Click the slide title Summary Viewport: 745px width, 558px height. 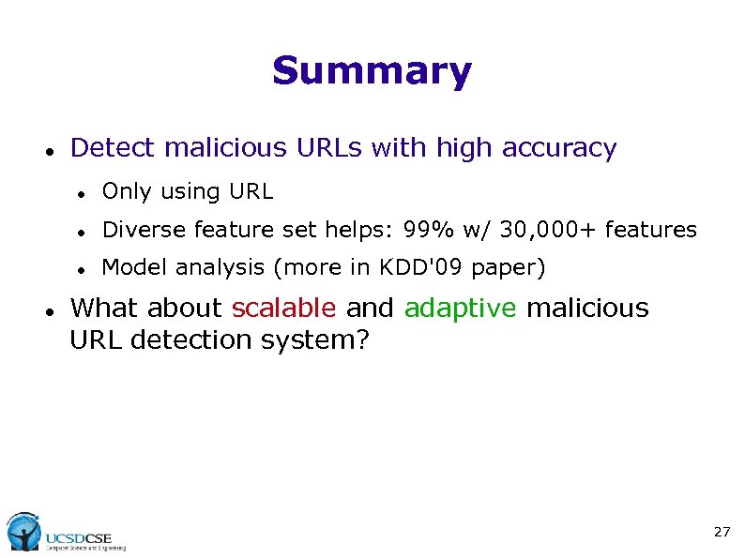click(x=372, y=71)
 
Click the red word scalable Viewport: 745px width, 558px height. click(x=283, y=308)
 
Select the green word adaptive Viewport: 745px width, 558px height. click(x=461, y=308)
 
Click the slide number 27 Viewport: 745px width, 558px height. click(x=721, y=532)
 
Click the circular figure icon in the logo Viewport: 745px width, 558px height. click(x=23, y=532)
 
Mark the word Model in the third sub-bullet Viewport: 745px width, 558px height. click(x=131, y=267)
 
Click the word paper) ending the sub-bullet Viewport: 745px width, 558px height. click(x=508, y=268)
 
